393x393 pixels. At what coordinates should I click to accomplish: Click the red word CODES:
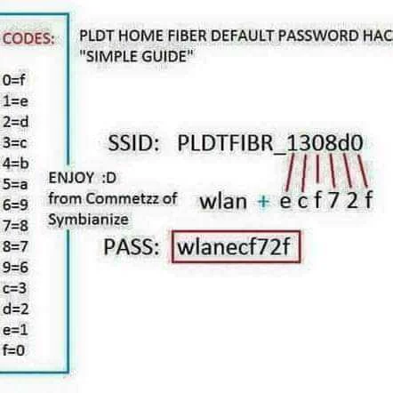[28, 38]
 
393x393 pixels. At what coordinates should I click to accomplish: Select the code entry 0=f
[14, 80]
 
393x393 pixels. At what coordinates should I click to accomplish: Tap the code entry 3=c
[15, 142]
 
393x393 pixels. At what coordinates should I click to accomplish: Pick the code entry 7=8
[15, 226]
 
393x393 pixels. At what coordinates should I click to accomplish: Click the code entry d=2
[15, 309]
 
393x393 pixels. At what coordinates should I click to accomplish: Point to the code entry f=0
[13, 350]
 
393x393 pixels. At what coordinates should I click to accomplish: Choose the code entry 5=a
[15, 184]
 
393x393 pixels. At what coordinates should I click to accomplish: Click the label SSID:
[134, 143]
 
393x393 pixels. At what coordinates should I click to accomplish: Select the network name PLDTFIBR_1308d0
[270, 143]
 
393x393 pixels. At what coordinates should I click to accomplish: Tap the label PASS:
[132, 246]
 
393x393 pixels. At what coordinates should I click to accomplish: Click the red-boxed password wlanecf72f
[234, 247]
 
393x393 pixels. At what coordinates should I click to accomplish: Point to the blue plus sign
[263, 202]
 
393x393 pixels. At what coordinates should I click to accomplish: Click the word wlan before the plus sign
[223, 201]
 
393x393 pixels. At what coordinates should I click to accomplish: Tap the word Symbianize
[88, 220]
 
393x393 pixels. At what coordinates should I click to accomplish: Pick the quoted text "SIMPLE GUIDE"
[137, 56]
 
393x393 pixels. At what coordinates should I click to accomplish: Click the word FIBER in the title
[188, 36]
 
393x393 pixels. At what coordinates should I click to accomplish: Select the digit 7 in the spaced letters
[333, 200]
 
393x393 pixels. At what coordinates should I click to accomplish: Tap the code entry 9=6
[15, 267]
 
